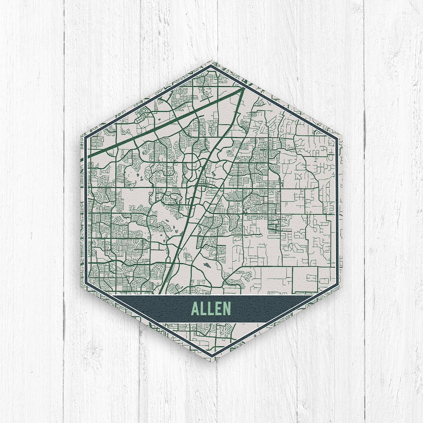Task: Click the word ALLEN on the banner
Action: (211, 309)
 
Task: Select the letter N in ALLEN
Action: (227, 309)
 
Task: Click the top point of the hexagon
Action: (211, 61)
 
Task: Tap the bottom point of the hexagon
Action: (211, 361)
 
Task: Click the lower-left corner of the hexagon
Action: (81, 286)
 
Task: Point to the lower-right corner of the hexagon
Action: (342, 286)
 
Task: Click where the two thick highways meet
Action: (243, 89)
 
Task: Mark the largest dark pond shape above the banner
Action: (206, 265)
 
